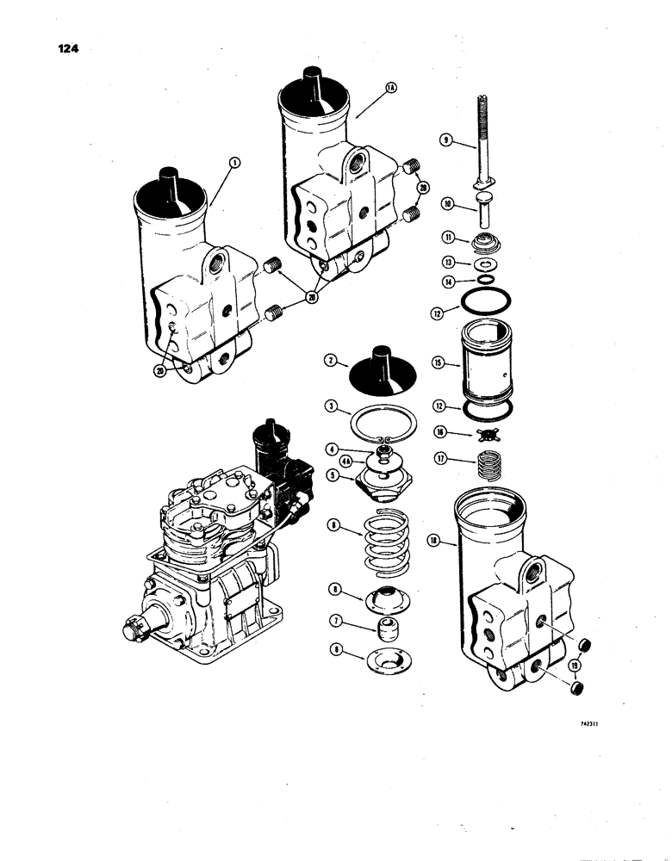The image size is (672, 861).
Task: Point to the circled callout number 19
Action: (574, 665)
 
